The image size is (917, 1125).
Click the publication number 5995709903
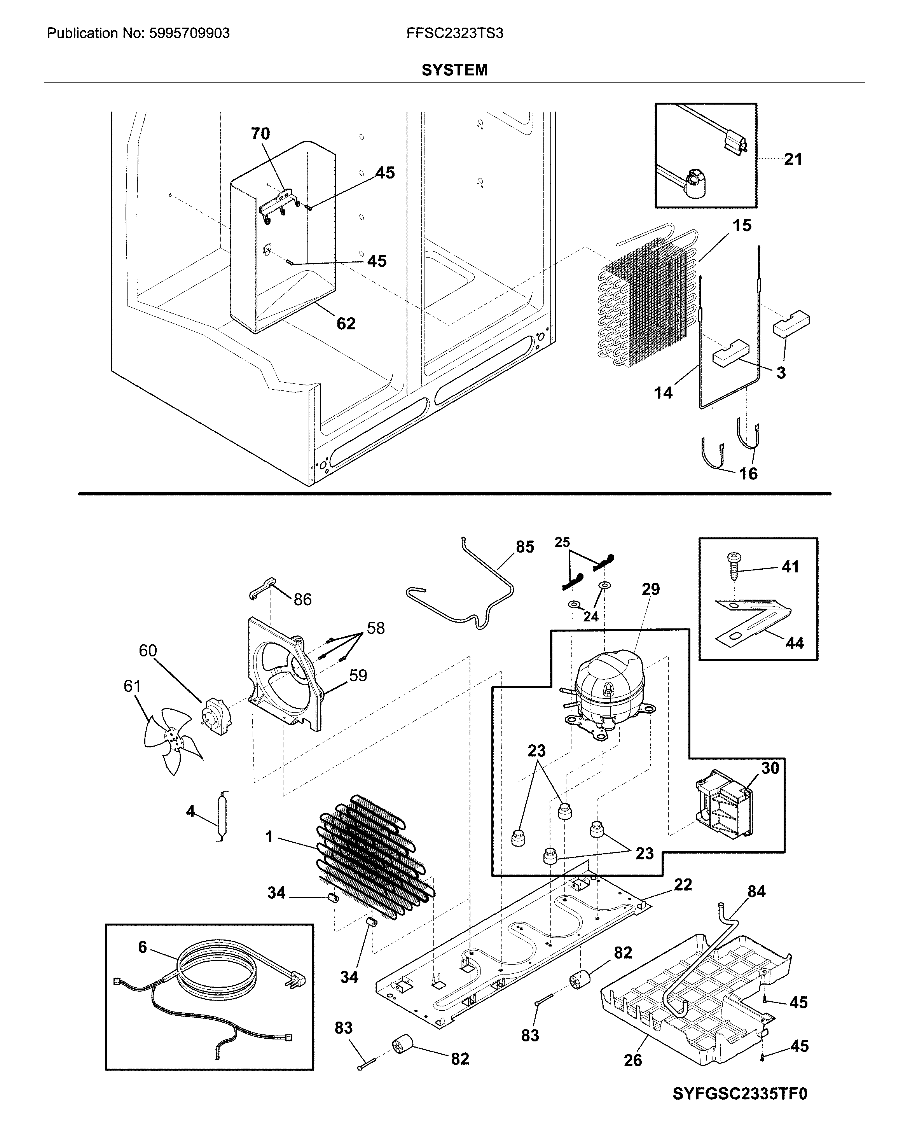pyautogui.click(x=189, y=33)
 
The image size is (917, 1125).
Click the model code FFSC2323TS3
pyautogui.click(x=454, y=33)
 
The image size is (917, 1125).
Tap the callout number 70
pyautogui.click(x=260, y=134)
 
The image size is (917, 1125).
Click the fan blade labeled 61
pyautogui.click(x=172, y=738)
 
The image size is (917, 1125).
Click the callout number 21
pyautogui.click(x=793, y=159)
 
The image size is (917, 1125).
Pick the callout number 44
pyautogui.click(x=795, y=643)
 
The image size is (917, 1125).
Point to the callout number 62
pyautogui.click(x=346, y=324)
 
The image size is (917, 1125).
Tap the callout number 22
pyautogui.click(x=683, y=885)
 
